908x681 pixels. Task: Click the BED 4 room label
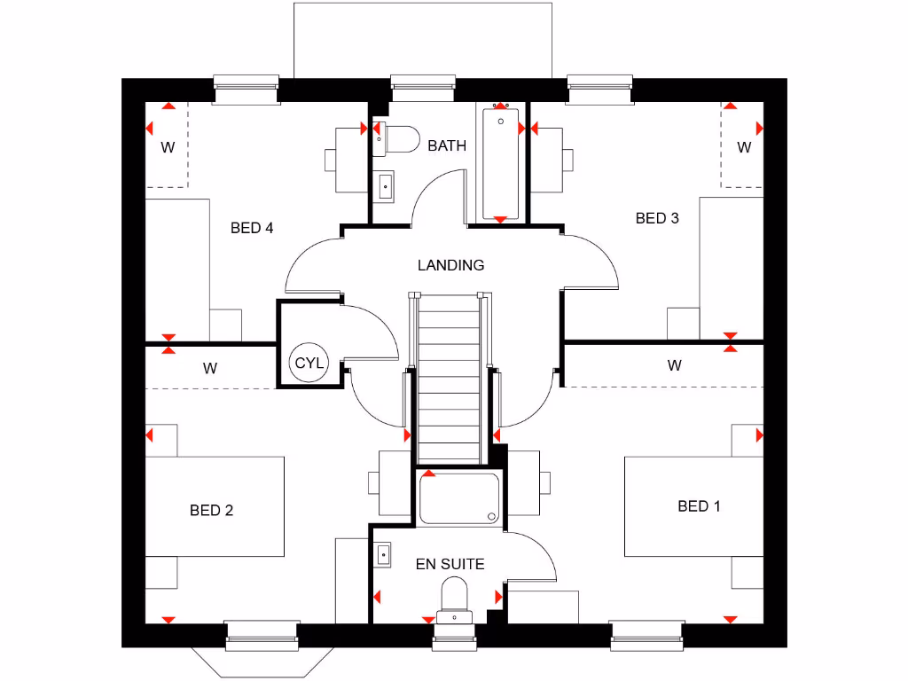click(252, 228)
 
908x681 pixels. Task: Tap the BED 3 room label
click(657, 218)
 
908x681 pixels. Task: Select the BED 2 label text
click(211, 510)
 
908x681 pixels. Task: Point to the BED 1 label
click(699, 505)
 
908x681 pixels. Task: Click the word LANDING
click(451, 264)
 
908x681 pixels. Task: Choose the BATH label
click(447, 145)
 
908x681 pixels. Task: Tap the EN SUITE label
click(450, 563)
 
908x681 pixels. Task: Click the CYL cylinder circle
click(309, 364)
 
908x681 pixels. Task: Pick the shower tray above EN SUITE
click(458, 498)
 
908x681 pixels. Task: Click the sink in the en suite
click(383, 554)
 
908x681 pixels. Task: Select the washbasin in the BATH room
click(384, 185)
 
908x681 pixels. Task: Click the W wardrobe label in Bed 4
click(168, 147)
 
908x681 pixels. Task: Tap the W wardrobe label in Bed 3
click(744, 147)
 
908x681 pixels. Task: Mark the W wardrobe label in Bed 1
click(675, 364)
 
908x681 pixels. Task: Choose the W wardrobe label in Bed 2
click(209, 368)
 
